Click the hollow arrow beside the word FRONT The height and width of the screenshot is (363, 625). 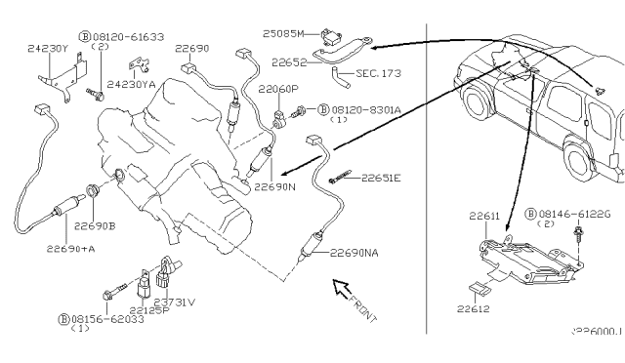(x=342, y=288)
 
